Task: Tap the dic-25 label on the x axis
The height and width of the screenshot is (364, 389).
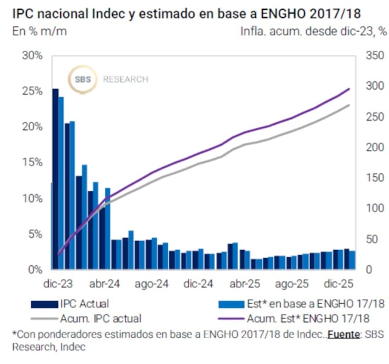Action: [x=338, y=283]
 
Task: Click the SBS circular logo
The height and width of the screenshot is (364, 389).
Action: [x=83, y=79]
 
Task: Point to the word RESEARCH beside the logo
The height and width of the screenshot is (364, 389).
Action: [x=125, y=79]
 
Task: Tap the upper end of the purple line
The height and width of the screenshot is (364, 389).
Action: [x=349, y=89]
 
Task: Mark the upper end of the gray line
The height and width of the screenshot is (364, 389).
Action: [x=349, y=105]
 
